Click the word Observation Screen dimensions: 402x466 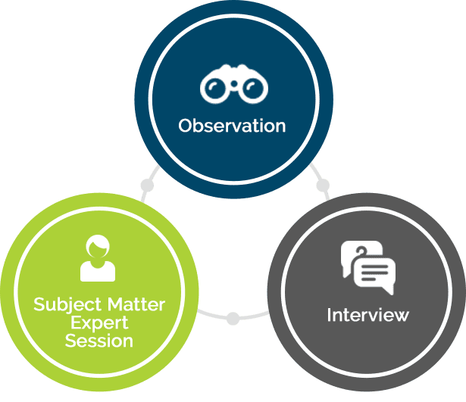233,125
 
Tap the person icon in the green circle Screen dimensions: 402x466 98,259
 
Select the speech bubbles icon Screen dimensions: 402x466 368,267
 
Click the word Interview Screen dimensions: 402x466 368,314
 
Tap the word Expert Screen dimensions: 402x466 99,323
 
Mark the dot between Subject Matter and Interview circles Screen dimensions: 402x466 233,317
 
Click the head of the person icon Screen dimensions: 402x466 98,247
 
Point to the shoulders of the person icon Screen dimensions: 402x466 98,271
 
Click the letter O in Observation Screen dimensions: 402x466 186,125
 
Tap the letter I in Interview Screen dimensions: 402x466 330,314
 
